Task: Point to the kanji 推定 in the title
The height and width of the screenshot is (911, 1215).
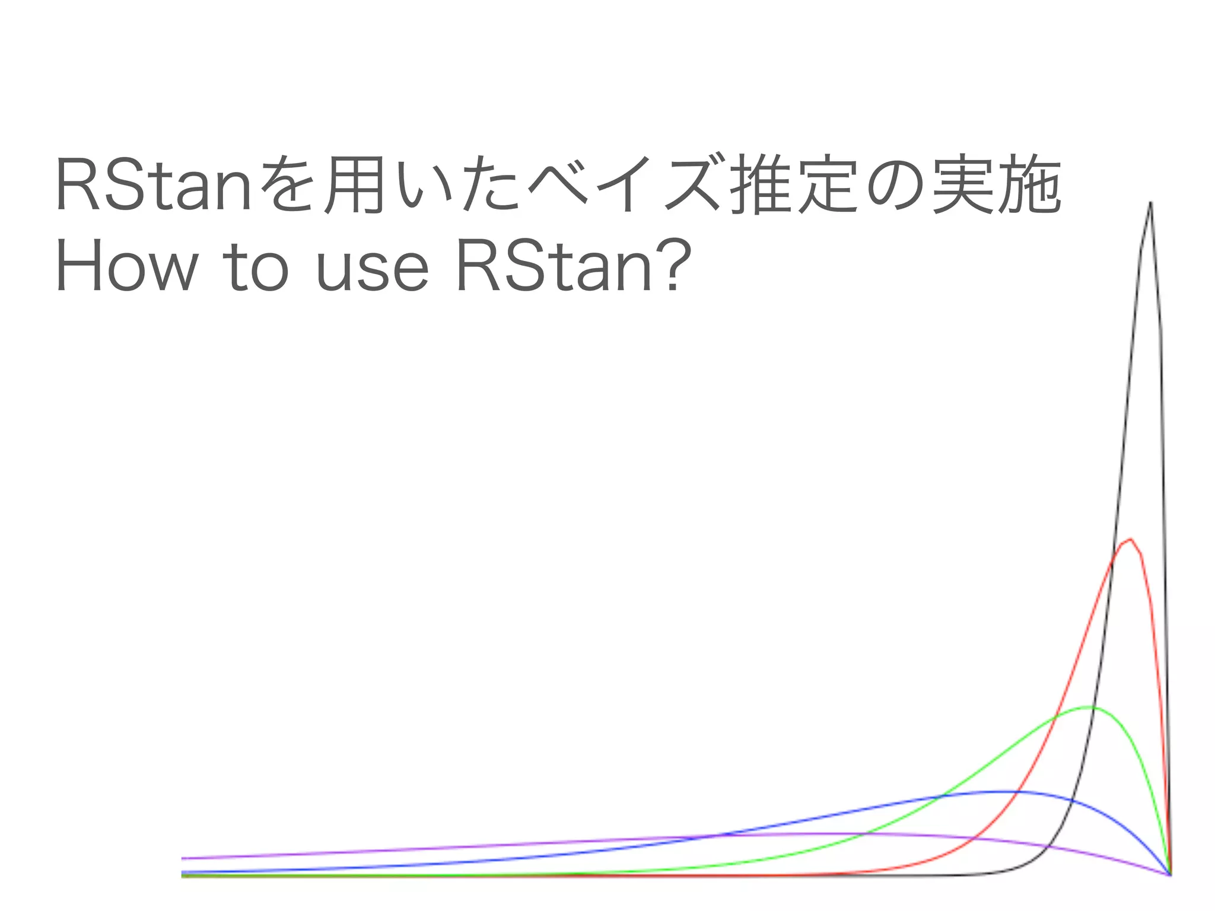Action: [794, 184]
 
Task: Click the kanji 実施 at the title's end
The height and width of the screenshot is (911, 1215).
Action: [996, 184]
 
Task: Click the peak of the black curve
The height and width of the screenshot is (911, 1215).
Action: [1150, 203]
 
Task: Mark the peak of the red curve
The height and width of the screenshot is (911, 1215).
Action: [1131, 539]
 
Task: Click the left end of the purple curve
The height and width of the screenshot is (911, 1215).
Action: [183, 858]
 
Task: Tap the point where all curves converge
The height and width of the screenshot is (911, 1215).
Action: [1170, 874]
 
